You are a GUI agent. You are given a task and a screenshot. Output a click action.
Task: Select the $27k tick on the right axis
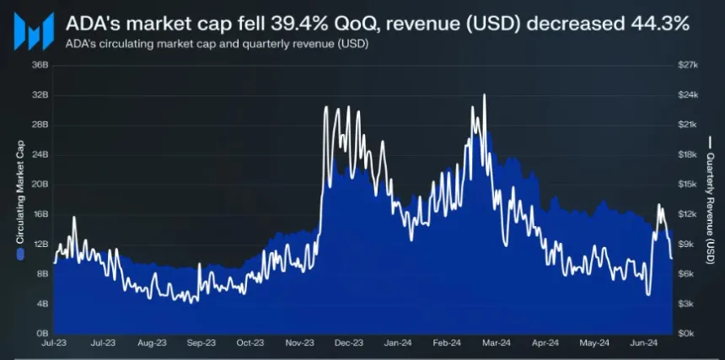click(689, 65)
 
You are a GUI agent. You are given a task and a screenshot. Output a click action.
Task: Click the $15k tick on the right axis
click(689, 184)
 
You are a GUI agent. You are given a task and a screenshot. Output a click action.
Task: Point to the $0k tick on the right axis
click(688, 333)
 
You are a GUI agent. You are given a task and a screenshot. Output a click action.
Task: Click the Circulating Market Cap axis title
click(18, 198)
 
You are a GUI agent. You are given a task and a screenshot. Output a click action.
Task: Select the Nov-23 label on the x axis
click(300, 344)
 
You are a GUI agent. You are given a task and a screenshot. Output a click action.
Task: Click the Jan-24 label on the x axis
click(398, 344)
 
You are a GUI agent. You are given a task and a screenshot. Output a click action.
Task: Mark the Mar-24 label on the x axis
click(497, 344)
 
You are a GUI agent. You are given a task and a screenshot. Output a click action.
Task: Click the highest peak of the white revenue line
click(484, 95)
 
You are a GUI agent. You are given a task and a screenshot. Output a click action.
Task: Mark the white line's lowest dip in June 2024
click(647, 294)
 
